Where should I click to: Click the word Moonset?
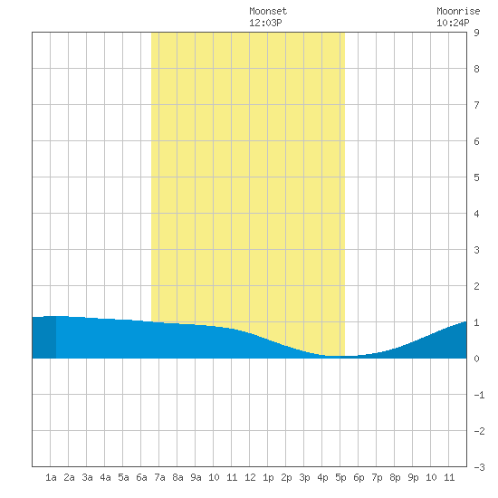coord(268,11)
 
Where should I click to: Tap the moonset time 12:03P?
coord(265,23)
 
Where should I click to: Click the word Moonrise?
coord(458,11)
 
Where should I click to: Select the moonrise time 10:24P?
coord(453,23)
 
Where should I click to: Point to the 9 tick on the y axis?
coord(476,33)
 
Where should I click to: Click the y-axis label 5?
coord(476,177)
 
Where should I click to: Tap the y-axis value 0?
coord(476,359)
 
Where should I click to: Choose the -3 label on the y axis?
coord(479,467)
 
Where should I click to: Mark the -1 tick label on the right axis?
coord(479,395)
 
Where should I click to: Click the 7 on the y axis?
coord(476,105)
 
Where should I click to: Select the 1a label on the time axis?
coord(51,477)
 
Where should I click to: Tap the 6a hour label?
coord(141,477)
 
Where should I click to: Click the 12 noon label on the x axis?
coord(250,477)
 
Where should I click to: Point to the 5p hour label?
coord(340,477)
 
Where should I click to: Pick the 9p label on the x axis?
coord(413,477)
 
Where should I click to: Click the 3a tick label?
coord(87,477)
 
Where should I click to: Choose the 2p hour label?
coord(286,477)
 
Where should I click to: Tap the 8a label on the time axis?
coord(177,477)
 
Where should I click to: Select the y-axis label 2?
coord(476,286)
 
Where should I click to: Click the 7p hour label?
coord(377,477)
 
